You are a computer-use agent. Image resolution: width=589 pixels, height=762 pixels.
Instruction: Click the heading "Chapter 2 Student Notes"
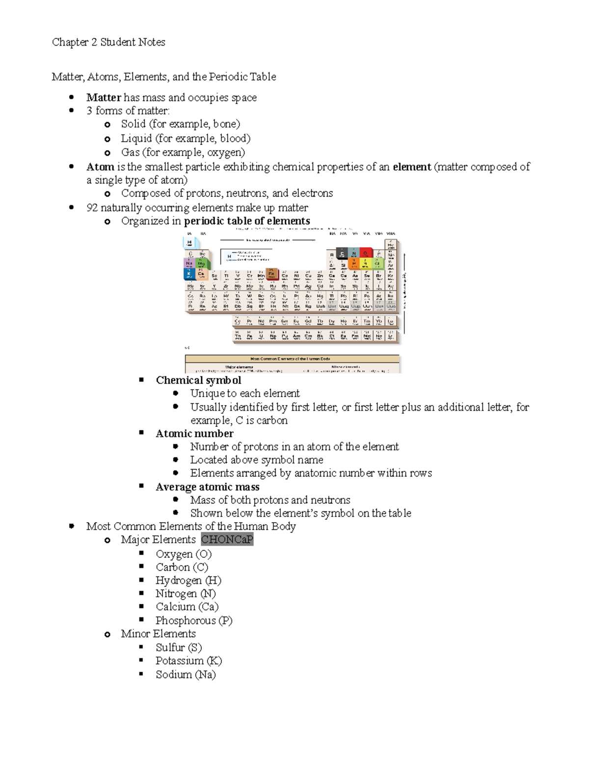pyautogui.click(x=108, y=42)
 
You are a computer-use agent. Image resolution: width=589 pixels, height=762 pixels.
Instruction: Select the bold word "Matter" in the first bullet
pyautogui.click(x=104, y=98)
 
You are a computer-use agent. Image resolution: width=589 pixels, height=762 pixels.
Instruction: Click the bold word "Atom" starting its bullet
pyautogui.click(x=100, y=167)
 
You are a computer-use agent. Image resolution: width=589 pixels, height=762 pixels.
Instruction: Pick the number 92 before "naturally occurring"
pyautogui.click(x=92, y=208)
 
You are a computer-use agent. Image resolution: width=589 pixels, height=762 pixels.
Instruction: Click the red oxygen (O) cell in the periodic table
pyautogui.click(x=366, y=254)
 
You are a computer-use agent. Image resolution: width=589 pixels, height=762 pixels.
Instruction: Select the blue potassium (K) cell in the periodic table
pyautogui.click(x=189, y=274)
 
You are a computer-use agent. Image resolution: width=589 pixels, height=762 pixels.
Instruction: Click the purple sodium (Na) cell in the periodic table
pyautogui.click(x=189, y=263)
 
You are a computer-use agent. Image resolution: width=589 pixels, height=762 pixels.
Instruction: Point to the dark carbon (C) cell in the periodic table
pyautogui.click(x=343, y=254)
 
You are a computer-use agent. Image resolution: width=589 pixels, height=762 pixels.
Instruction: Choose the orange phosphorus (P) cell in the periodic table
pyautogui.click(x=354, y=264)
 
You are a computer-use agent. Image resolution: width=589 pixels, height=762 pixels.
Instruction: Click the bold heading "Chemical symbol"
pyautogui.click(x=198, y=380)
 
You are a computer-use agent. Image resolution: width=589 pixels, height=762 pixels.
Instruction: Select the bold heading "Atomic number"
pyautogui.click(x=194, y=434)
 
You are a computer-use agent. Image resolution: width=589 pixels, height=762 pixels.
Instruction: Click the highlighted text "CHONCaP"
pyautogui.click(x=227, y=540)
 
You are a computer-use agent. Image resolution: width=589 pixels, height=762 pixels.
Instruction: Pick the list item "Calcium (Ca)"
pyautogui.click(x=187, y=607)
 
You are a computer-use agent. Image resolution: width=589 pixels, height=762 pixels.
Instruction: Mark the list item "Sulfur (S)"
pyautogui.click(x=179, y=648)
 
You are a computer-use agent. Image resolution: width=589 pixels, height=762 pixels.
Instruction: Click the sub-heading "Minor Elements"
pyautogui.click(x=158, y=634)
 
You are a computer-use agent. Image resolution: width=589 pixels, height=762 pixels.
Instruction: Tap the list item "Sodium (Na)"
pyautogui.click(x=186, y=675)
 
